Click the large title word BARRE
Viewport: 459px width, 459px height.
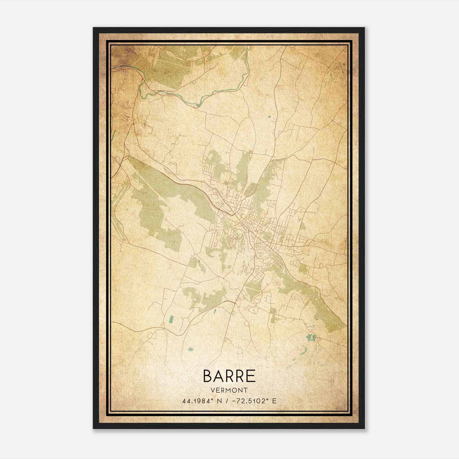point(229,376)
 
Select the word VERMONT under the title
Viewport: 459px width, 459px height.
point(229,390)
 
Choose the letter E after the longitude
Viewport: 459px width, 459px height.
point(274,401)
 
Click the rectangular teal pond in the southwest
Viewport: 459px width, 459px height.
point(172,319)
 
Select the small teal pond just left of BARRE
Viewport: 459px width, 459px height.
point(190,349)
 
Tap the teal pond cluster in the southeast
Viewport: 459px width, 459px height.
point(311,337)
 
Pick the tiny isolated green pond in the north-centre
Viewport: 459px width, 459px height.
point(269,116)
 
